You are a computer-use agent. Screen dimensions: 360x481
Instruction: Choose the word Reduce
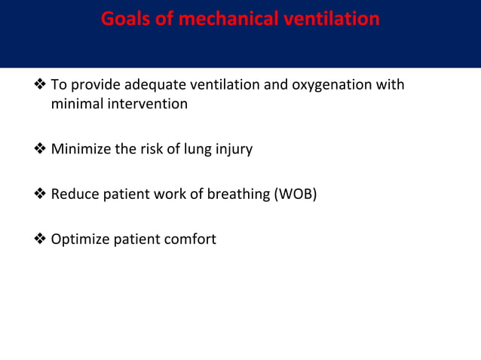(x=75, y=194)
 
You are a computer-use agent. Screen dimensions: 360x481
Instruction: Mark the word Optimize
(x=81, y=239)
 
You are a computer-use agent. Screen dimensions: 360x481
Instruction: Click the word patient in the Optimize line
(x=136, y=239)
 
